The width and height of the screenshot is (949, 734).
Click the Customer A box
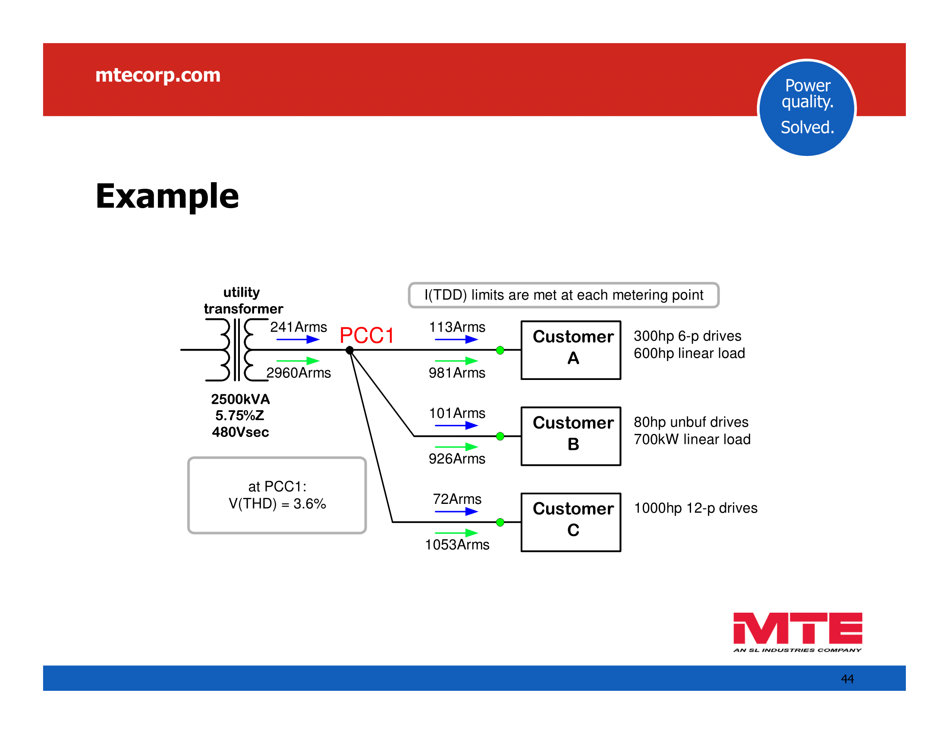[x=571, y=350]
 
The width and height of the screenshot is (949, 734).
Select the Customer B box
[x=571, y=436]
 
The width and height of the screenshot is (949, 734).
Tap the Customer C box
[x=571, y=522]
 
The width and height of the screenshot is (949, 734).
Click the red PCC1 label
[x=366, y=335]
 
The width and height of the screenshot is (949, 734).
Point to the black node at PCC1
[x=349, y=350]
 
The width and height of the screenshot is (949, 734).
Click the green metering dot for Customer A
[x=500, y=350]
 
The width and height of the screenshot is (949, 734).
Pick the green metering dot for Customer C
[x=500, y=522]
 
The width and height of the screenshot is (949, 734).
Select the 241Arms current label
[x=299, y=327]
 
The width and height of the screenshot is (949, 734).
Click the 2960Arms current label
[x=299, y=373]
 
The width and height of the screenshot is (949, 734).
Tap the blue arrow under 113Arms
[x=456, y=339]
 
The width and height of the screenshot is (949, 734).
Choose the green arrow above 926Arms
[x=456, y=446]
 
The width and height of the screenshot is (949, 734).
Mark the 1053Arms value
[x=457, y=544]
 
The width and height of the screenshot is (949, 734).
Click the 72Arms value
[x=457, y=499]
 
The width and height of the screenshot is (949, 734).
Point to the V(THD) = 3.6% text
[x=277, y=503]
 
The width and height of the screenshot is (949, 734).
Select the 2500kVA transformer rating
[x=240, y=399]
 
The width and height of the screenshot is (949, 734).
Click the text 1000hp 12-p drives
[x=695, y=508]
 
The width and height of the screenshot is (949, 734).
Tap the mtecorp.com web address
[x=158, y=75]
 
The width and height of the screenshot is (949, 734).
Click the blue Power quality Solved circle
[x=807, y=108]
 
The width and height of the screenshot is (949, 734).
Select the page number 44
[x=847, y=679]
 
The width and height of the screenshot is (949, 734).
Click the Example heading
[x=167, y=196]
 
